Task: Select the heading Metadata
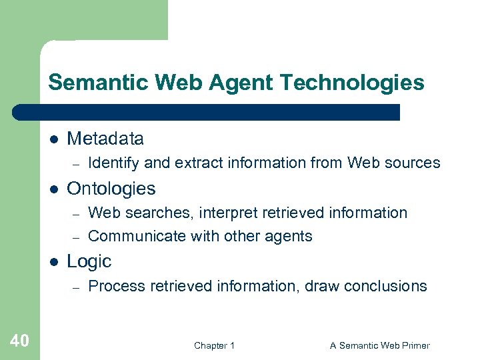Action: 105,139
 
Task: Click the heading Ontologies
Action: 111,189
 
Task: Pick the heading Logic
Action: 89,261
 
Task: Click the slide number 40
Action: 20,341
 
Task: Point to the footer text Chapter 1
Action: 214,345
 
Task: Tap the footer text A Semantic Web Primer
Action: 380,345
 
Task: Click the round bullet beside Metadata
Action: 54,139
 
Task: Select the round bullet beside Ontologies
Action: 54,189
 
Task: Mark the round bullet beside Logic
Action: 54,262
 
